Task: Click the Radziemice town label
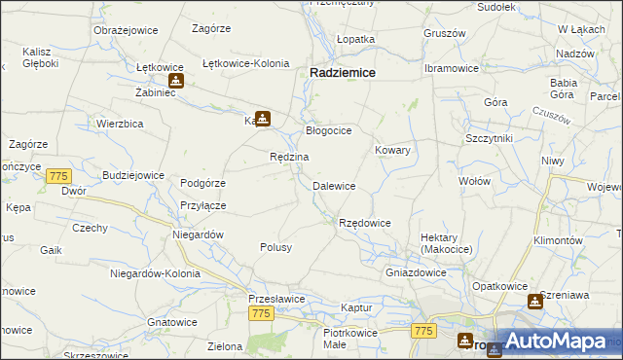click(344, 72)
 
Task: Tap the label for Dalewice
click(333, 186)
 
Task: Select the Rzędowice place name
click(364, 224)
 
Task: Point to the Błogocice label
click(328, 130)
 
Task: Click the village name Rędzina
click(289, 158)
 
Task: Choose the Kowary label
click(392, 151)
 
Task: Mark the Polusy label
click(275, 248)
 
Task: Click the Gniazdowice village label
click(416, 273)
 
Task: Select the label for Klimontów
click(558, 240)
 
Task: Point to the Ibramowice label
click(451, 69)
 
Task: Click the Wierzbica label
click(121, 124)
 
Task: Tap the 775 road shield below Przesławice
click(260, 313)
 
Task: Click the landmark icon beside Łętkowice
click(175, 81)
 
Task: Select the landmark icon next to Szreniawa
click(534, 302)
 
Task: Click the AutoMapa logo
click(555, 342)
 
